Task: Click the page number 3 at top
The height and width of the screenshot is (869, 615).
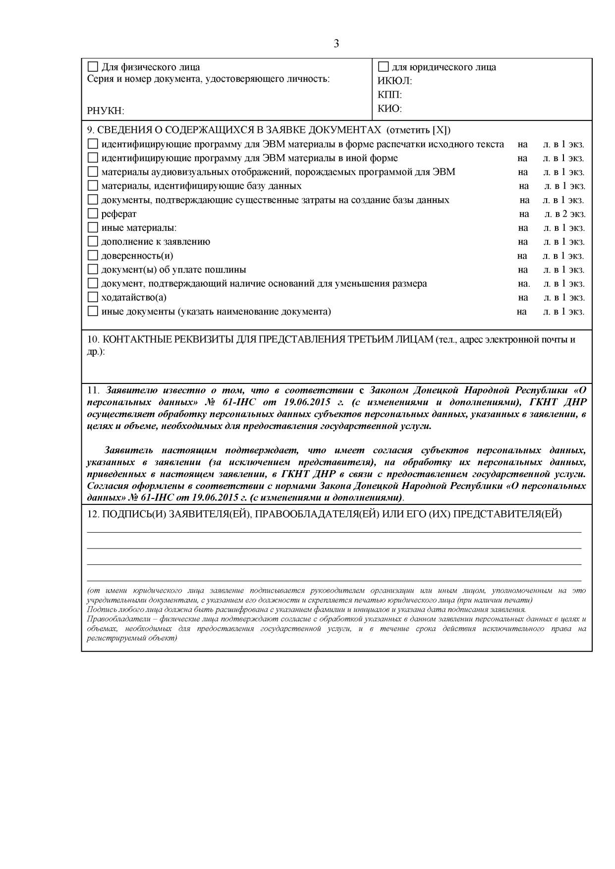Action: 336,44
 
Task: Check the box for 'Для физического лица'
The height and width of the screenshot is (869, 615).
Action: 93,67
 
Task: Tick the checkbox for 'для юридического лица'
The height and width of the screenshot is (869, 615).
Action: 383,67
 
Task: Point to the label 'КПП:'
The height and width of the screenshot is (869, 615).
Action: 390,95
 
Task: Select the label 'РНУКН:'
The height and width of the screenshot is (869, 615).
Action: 106,111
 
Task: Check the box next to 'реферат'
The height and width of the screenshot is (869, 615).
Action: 93,214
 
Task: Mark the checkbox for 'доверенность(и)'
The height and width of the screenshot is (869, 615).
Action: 93,256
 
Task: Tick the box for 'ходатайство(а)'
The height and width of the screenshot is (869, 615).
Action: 93,297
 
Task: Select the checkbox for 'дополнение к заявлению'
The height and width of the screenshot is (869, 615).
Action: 93,242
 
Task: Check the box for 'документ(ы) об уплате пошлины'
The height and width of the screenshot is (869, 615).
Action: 93,270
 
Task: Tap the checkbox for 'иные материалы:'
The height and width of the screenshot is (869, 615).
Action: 93,228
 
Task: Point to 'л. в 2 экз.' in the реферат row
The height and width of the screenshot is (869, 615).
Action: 564,214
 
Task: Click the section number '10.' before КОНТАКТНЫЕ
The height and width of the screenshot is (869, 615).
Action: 93,340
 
